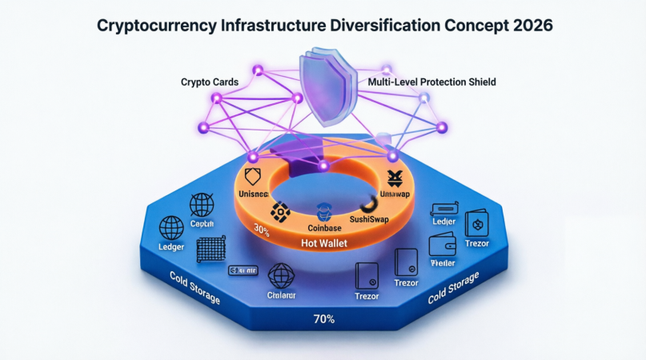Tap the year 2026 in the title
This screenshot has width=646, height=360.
click(528, 25)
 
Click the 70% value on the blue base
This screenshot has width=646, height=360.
click(323, 319)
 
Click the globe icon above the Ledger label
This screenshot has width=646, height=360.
click(172, 229)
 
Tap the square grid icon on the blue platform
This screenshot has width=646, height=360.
click(211, 250)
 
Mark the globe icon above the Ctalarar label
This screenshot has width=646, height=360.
click(281, 276)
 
